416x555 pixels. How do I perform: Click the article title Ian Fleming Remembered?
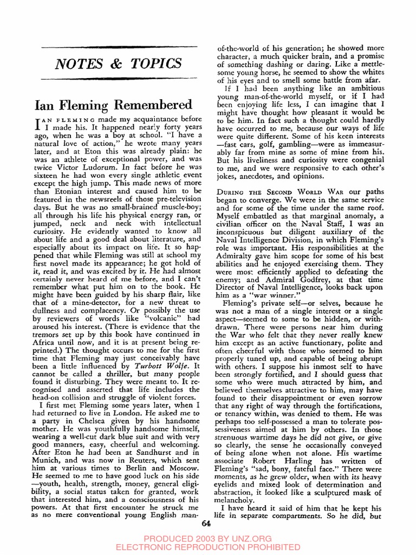113,104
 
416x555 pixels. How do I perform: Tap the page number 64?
205,523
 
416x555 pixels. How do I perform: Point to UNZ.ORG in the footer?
248,538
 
